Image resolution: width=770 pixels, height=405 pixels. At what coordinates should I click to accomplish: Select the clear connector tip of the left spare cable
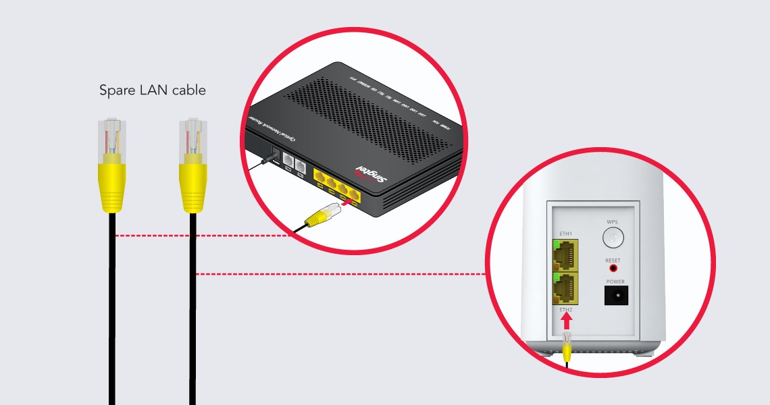pos(112,136)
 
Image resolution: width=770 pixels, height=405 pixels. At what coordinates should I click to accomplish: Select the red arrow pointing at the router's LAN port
pos(347,200)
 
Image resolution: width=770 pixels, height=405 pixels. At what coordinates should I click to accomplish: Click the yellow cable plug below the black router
pos(322,215)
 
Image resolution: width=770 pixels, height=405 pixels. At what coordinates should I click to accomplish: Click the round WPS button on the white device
pos(612,237)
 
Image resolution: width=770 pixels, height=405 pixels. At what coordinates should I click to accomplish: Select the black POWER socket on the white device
pos(615,294)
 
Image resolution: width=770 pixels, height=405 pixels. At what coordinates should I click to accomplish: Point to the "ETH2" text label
pos(565,310)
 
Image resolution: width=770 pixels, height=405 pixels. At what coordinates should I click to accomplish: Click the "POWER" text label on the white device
pos(615,281)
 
